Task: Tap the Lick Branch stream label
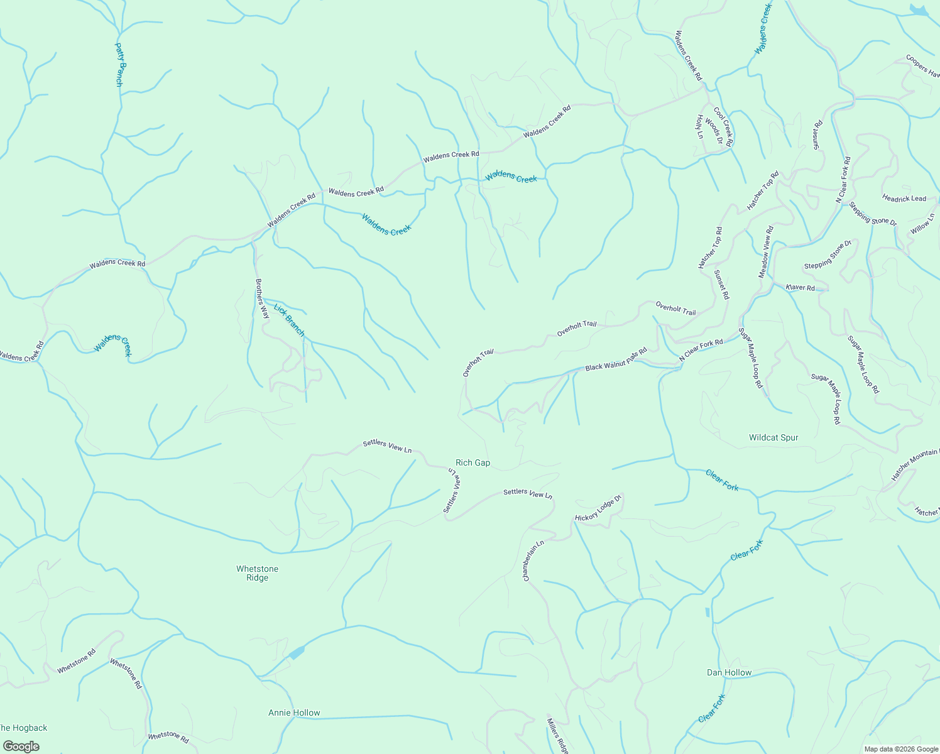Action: (289, 320)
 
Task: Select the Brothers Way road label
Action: (262, 298)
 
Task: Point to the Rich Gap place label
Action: (473, 462)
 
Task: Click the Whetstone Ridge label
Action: (257, 573)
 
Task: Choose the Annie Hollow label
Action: (294, 713)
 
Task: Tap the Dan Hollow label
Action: (729, 672)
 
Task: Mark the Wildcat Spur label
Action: (773, 437)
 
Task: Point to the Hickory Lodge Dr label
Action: (598, 509)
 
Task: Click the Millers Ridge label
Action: (558, 735)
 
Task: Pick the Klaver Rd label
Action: (800, 287)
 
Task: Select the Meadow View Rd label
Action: (766, 251)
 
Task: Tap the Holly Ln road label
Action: (699, 126)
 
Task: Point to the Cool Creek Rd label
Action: (723, 127)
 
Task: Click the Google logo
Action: (21, 746)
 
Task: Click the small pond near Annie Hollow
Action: (295, 653)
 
